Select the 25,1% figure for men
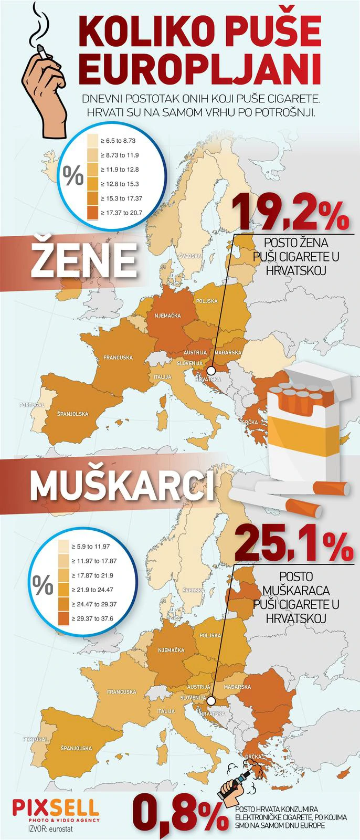tap(294, 544)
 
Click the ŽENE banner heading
tap(83, 260)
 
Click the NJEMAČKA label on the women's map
tap(167, 316)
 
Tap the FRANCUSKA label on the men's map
tap(121, 692)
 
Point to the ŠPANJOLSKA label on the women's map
tap(72, 414)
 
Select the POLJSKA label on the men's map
tap(209, 635)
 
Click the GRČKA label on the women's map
tap(249, 423)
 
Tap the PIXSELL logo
tap(55, 807)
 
